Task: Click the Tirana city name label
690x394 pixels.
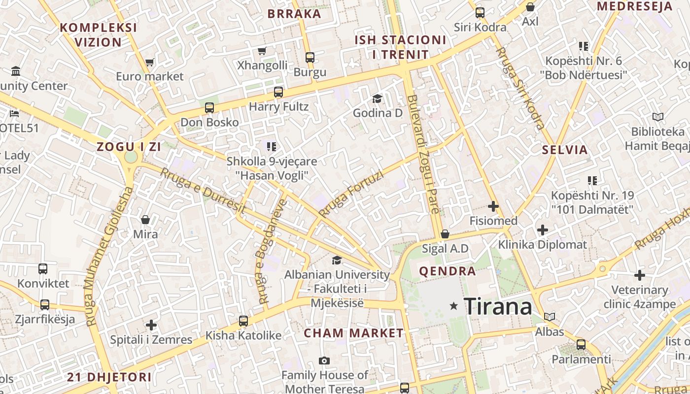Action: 498,307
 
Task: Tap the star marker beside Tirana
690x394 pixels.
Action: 454,306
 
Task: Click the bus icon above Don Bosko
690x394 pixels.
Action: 209,108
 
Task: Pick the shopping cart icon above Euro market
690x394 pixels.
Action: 150,63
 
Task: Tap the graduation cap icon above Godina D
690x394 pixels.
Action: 377,98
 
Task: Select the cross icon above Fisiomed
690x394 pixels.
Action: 493,206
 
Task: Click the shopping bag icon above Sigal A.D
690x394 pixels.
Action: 445,234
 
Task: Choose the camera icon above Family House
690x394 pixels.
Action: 324,361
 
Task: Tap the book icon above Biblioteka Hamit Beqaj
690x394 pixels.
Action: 657,117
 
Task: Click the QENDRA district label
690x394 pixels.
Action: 447,271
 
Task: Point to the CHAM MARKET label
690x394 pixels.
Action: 353,333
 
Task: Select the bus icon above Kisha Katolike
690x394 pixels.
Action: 243,321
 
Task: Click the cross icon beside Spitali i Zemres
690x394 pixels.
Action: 151,325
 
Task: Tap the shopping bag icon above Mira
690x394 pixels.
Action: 145,219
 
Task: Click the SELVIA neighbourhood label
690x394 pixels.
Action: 565,150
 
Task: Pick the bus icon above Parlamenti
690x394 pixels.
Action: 581,345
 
